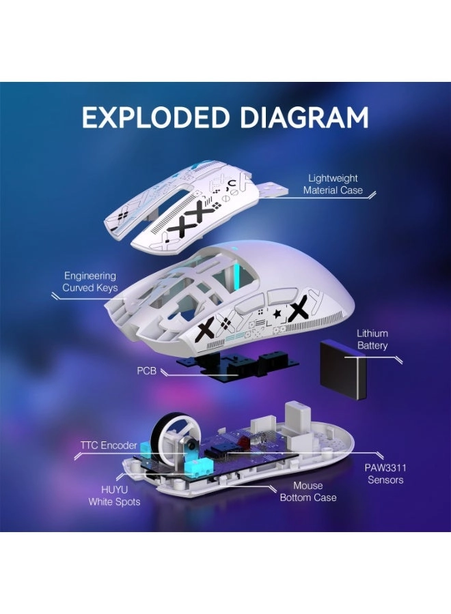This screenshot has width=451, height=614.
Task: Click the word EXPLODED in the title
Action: (153, 117)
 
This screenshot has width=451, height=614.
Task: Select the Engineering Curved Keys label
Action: (90, 282)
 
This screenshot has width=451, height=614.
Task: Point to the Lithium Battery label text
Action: (372, 339)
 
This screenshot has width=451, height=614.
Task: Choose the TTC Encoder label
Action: (109, 445)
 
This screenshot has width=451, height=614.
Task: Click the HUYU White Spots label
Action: (114, 496)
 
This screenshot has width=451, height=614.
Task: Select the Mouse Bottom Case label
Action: (307, 492)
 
